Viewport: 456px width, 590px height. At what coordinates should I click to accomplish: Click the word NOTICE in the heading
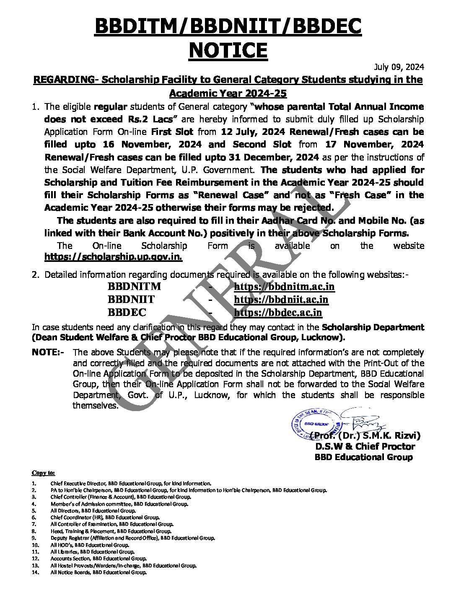(x=228, y=50)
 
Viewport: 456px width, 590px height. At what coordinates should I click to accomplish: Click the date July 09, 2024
(x=399, y=67)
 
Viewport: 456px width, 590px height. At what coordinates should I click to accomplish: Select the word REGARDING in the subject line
(x=63, y=80)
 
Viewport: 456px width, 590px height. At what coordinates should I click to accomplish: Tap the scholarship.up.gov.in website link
(x=113, y=257)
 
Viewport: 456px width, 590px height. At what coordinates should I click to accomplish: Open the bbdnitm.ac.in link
(x=284, y=287)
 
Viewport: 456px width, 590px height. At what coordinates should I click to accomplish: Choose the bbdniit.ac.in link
(x=281, y=300)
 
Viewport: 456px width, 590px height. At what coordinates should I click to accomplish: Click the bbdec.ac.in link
(x=278, y=313)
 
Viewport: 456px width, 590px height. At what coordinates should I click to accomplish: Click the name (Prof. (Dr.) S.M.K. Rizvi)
(x=365, y=435)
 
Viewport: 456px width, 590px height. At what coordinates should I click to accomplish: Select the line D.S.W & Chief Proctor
(x=365, y=446)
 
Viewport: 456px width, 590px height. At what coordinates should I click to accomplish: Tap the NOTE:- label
(x=48, y=352)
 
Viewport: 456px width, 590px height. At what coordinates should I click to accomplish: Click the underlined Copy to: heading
(x=43, y=473)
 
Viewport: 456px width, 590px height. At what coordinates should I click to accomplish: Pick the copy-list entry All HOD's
(x=89, y=545)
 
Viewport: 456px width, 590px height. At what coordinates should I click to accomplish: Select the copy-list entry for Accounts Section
(x=98, y=559)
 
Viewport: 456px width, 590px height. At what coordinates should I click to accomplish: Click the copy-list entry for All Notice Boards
(x=98, y=572)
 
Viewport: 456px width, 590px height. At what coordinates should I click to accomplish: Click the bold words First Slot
(x=172, y=132)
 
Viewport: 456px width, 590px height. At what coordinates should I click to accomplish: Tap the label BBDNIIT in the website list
(x=131, y=300)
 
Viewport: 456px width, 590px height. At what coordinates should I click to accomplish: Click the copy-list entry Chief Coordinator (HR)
(x=105, y=518)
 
